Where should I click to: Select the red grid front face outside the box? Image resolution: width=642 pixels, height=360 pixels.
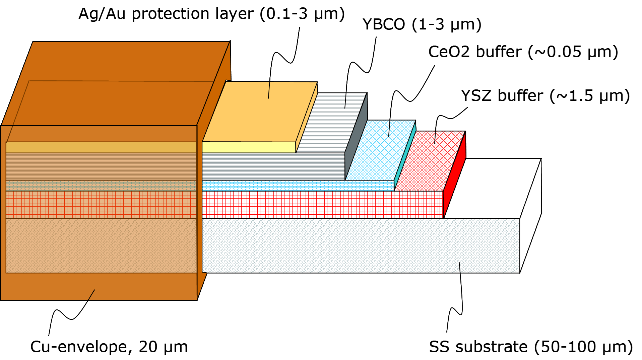coord(322,205)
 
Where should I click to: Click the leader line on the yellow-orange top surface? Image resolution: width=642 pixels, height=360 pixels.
coord(269,90)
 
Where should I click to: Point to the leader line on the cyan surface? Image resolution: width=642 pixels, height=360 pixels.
coord(389,129)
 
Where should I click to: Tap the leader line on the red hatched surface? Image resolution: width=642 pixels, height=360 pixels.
coord(435,138)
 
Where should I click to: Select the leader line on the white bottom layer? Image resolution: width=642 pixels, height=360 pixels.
coord(460,267)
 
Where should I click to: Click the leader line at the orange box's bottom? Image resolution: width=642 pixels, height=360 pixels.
coord(91,295)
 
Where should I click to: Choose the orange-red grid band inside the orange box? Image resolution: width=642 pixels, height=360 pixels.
coord(101,205)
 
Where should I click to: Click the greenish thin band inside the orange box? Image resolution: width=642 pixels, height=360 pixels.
coord(101,186)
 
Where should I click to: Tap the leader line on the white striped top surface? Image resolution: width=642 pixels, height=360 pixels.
coord(345,101)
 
